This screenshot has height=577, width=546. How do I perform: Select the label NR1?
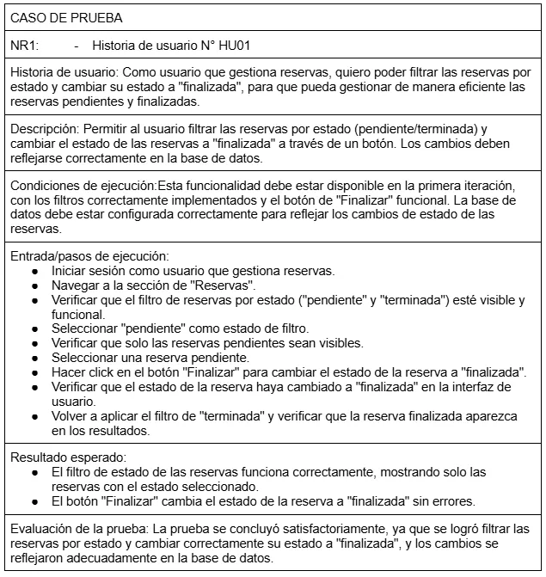point(23,45)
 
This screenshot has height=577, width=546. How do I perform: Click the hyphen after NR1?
point(77,45)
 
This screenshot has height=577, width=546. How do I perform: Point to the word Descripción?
point(44,129)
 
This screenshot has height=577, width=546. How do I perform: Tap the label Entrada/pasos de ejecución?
point(90,256)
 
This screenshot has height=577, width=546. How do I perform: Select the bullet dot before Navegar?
point(34,285)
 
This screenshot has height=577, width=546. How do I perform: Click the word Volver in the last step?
point(71,416)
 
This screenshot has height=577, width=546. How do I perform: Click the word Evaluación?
point(42,528)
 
